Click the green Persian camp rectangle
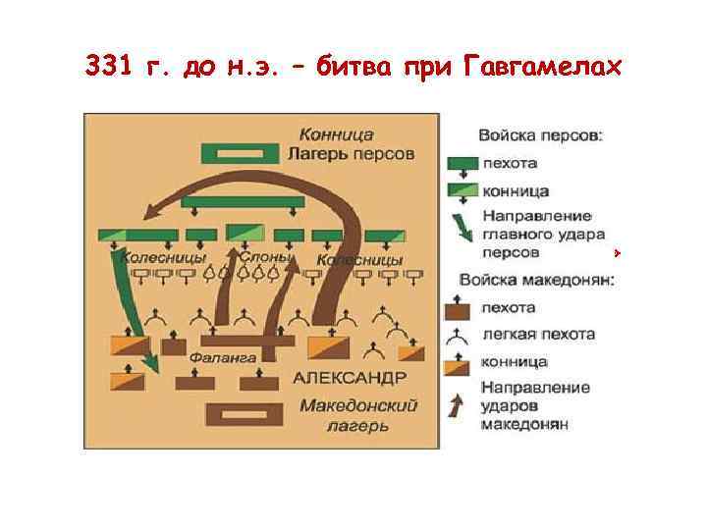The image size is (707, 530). (x=241, y=154)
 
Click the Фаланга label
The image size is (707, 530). (x=224, y=358)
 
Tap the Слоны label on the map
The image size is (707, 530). (x=265, y=257)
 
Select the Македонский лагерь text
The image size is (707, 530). (x=358, y=414)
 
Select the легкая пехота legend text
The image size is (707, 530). (x=537, y=335)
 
